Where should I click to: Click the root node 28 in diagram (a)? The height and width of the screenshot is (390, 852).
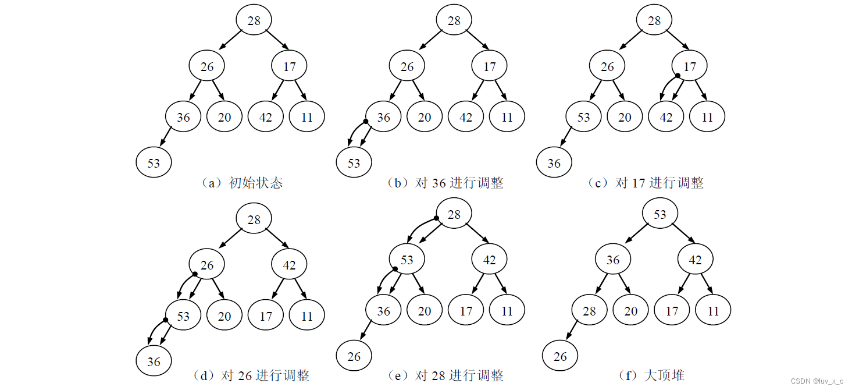[254, 20]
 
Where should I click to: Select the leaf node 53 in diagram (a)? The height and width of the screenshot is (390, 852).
[154, 163]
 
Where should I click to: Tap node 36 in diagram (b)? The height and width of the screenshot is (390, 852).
[383, 117]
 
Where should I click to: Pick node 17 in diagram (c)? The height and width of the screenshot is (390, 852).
[690, 66]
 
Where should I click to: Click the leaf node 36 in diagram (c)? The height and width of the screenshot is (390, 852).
[554, 163]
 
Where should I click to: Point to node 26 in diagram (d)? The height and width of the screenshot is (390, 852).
[207, 265]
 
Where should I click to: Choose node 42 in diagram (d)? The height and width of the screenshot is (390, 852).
[289, 265]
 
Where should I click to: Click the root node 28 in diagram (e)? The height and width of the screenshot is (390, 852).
[454, 215]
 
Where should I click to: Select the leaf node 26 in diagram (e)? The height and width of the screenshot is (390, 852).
[354, 356]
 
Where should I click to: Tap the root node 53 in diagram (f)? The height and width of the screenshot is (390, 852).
[660, 215]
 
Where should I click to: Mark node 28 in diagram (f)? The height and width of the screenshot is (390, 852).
[589, 311]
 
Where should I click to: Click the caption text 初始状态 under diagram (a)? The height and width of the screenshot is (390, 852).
[256, 183]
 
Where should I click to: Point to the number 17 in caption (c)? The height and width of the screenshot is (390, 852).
[639, 183]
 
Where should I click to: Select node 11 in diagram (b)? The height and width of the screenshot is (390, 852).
[507, 117]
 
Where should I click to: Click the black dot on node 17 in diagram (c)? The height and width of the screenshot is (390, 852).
[678, 76]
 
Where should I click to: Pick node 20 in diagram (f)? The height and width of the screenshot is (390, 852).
[631, 311]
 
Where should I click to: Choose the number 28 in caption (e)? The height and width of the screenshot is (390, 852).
[439, 375]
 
